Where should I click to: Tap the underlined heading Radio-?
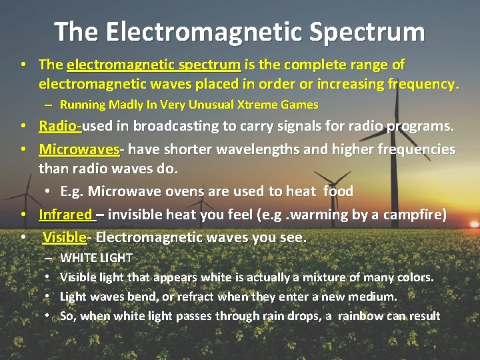[x=60, y=126]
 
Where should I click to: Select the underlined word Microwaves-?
[x=79, y=149]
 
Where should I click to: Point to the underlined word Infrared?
[x=65, y=215]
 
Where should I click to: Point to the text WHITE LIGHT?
[x=96, y=257]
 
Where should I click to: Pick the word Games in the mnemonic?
[x=302, y=105]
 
